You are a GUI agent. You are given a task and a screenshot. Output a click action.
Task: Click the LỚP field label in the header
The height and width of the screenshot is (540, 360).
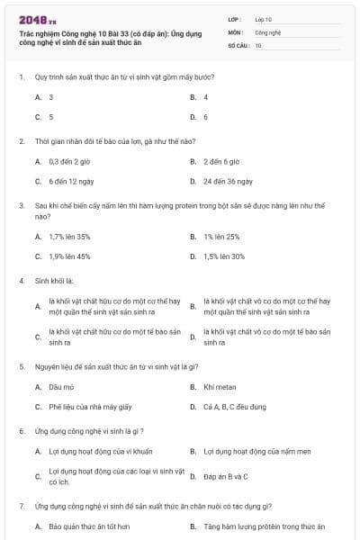(235, 19)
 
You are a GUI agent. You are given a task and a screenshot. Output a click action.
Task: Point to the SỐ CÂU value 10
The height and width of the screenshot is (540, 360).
(258, 44)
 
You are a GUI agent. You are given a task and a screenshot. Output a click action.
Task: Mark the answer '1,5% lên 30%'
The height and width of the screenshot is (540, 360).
(224, 256)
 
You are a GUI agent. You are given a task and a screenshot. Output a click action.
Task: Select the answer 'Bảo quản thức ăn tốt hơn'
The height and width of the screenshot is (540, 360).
(89, 526)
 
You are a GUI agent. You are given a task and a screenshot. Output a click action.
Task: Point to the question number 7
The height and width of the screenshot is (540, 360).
(22, 507)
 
